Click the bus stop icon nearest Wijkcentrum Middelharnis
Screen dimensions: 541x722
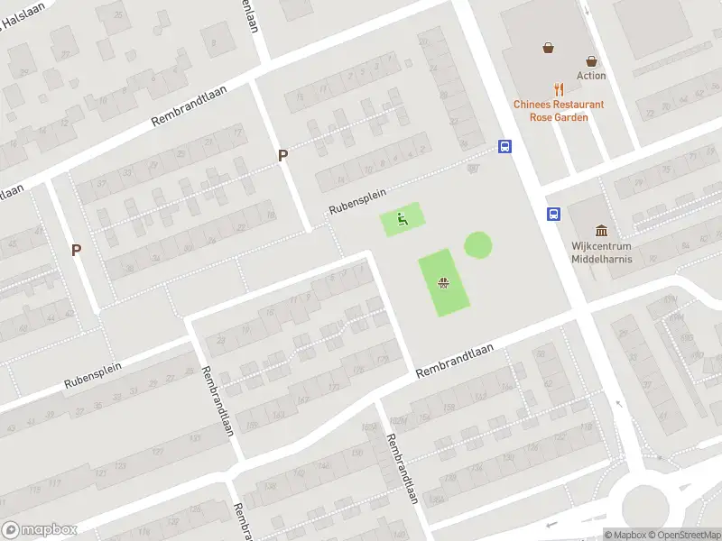(551, 214)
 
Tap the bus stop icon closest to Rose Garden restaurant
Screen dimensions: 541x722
(505, 146)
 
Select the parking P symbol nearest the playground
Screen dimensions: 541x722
(282, 155)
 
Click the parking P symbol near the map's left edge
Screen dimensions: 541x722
(77, 250)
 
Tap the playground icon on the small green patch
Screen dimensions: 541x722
(403, 218)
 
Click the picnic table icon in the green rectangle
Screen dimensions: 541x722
(443, 283)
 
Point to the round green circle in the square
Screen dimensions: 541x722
(478, 244)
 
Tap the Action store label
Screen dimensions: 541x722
(591, 76)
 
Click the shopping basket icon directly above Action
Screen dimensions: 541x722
(591, 61)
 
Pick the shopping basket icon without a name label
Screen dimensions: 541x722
(548, 48)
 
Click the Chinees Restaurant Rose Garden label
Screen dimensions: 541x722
(559, 111)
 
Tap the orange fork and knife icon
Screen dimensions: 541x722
(560, 89)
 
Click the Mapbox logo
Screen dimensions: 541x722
(39, 530)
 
